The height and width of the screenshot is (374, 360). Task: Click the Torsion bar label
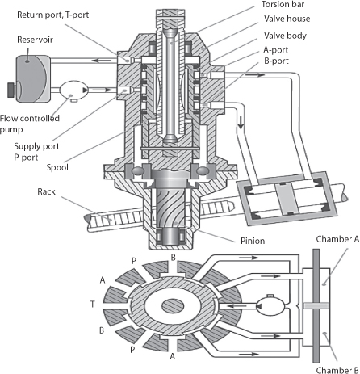283,4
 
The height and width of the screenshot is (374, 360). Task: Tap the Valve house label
287,19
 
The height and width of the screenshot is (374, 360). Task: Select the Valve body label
285,36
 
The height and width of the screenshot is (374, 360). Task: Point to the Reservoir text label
35,40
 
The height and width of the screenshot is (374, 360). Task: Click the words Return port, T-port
53,15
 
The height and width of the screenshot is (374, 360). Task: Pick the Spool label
57,167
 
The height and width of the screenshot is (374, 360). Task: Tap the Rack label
46,191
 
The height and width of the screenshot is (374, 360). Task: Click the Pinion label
253,241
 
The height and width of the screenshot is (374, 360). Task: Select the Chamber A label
337,239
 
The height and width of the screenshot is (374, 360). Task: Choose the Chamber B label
337,370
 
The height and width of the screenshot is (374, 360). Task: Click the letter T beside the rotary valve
93,305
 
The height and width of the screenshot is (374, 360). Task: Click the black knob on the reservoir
10,90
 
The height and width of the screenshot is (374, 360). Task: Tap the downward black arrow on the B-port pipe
241,123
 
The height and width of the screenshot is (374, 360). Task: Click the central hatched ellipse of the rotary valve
173,306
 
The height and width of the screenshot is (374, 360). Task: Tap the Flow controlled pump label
30,124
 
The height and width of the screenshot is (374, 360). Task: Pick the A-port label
275,50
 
